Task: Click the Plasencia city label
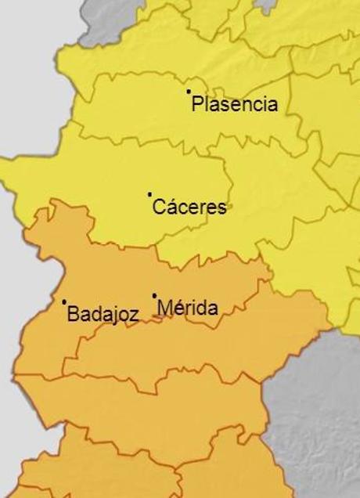click(x=235, y=104)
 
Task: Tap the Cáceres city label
click(x=190, y=207)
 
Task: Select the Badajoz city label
click(x=103, y=315)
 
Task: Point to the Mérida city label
click(x=188, y=308)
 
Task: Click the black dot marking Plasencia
click(x=189, y=92)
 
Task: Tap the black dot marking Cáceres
click(x=149, y=193)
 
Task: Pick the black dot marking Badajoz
click(x=64, y=301)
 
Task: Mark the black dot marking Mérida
click(x=154, y=295)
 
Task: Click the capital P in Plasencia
click(x=197, y=104)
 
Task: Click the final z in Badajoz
click(x=135, y=315)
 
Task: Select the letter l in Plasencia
click(x=205, y=104)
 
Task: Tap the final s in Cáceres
click(x=222, y=208)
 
